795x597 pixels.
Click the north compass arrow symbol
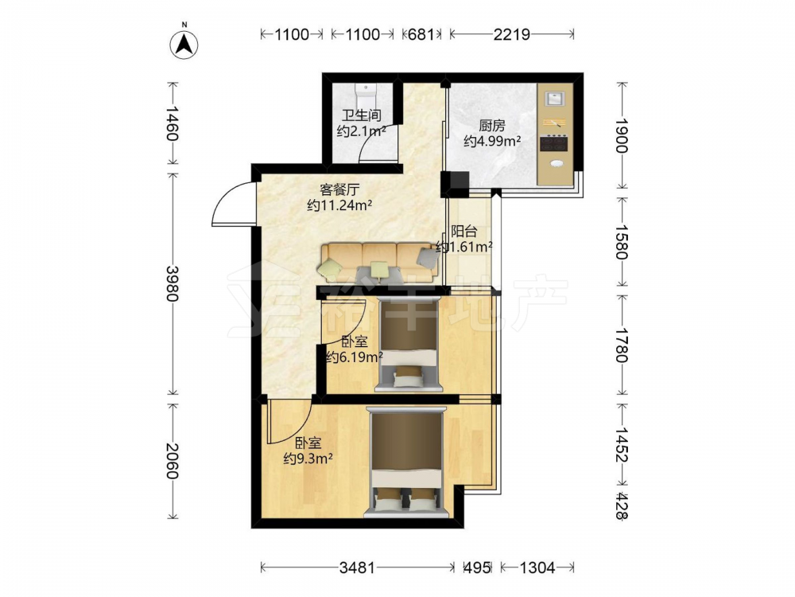click(x=184, y=44)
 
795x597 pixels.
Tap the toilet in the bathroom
click(x=366, y=96)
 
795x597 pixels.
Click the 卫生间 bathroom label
click(x=361, y=115)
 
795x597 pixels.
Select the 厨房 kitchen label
click(x=492, y=124)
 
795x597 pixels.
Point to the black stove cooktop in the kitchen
click(x=553, y=142)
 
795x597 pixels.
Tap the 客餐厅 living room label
click(x=339, y=189)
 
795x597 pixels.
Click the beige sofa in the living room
click(x=378, y=262)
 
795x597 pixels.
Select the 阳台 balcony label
click(x=464, y=232)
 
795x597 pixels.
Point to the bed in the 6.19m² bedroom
click(x=408, y=345)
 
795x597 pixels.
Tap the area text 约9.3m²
click(x=308, y=459)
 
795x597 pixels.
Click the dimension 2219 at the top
click(x=511, y=34)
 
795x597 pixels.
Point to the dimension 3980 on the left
click(x=173, y=283)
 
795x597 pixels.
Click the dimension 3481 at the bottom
click(x=357, y=567)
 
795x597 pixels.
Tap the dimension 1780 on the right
click(x=622, y=345)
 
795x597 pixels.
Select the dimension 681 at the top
click(x=421, y=34)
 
